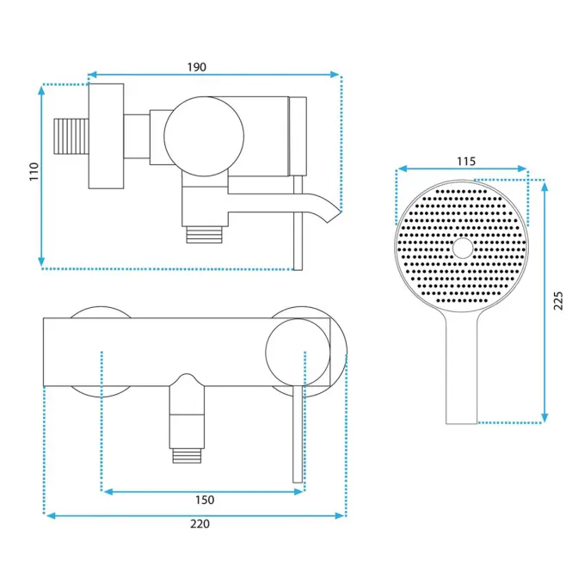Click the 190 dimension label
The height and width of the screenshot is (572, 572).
click(197, 67)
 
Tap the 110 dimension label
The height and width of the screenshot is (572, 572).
click(34, 171)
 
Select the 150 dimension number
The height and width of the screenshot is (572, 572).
click(205, 500)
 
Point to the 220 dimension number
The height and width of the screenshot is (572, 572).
click(200, 524)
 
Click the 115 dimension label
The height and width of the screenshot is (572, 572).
click(466, 161)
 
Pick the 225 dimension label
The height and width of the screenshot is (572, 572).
click(558, 300)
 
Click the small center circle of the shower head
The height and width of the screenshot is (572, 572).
click(463, 248)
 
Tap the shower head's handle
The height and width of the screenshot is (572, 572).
click(461, 368)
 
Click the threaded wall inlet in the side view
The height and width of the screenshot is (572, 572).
click(71, 137)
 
